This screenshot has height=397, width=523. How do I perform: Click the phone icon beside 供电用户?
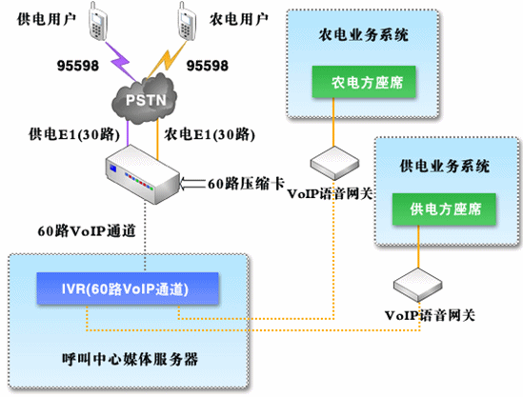point(97,21)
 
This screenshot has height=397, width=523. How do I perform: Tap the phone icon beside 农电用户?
point(187,21)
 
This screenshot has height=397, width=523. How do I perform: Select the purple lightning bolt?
point(120,61)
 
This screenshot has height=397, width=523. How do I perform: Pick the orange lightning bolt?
point(168,59)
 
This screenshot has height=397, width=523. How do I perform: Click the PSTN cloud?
point(144,99)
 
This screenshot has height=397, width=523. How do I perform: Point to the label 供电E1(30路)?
point(74,134)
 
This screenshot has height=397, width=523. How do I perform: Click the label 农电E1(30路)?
point(210,134)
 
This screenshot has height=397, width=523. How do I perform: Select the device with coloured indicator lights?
point(143,174)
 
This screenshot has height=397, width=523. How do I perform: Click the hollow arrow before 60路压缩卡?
point(192,184)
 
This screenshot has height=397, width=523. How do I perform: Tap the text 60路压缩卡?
point(246,184)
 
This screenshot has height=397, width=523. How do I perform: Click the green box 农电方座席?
point(364,82)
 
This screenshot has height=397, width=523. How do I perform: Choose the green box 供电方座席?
point(444,209)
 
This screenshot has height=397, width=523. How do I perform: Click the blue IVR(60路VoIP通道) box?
point(128,288)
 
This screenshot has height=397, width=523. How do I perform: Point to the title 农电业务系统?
point(364,34)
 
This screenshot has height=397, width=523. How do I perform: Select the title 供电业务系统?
point(445,166)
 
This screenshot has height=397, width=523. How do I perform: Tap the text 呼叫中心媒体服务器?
point(131,359)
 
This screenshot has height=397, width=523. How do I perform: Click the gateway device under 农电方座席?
point(334,163)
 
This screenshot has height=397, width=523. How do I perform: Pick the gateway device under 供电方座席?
point(418,285)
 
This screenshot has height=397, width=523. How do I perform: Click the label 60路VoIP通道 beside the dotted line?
point(87,230)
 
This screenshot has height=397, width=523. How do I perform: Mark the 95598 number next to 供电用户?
point(78,66)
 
